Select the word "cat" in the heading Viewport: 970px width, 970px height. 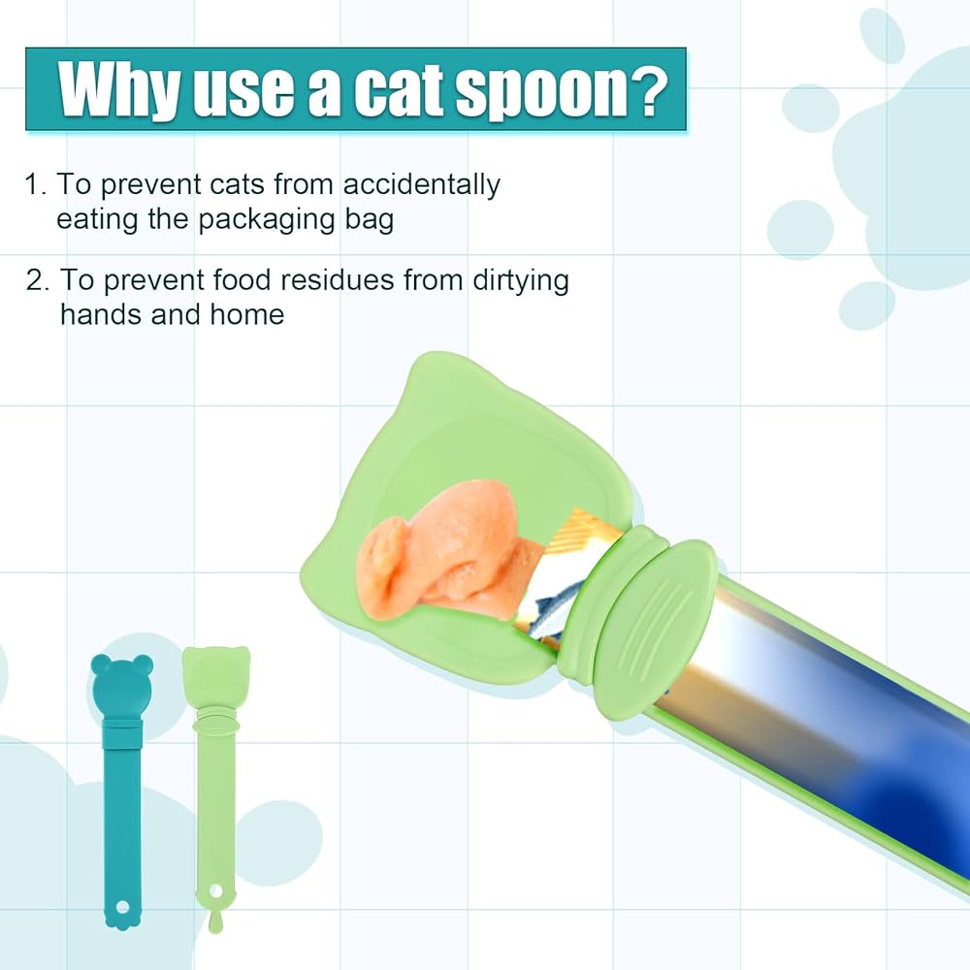pyautogui.click(x=399, y=91)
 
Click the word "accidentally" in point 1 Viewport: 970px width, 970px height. pyautogui.click(x=421, y=184)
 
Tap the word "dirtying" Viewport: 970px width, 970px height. pyautogui.click(x=520, y=281)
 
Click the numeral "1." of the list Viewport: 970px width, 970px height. pyautogui.click(x=35, y=184)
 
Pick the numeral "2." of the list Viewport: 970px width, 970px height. pyautogui.click(x=38, y=280)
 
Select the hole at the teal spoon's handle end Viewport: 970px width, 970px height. pyautogui.click(x=122, y=907)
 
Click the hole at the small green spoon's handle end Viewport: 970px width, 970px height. pyautogui.click(x=215, y=890)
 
